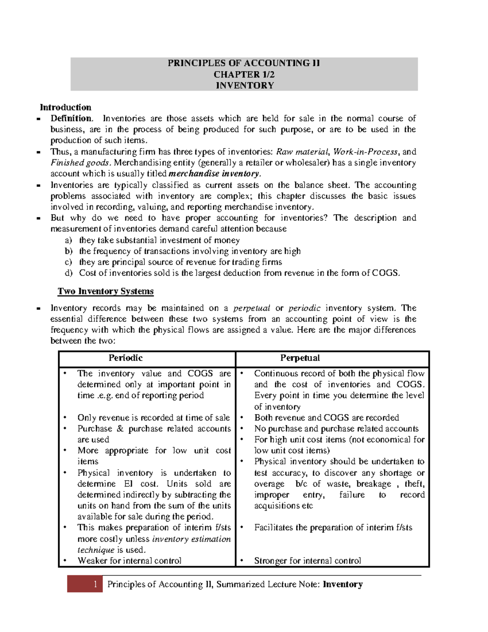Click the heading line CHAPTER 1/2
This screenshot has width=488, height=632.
pos(244,74)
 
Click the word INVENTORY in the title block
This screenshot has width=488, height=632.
pos(244,85)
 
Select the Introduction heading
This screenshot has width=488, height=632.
pos(65,107)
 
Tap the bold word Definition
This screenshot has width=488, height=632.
pos(71,118)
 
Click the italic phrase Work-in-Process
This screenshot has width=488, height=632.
pos(365,152)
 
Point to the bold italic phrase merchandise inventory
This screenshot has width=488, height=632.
pos(214,174)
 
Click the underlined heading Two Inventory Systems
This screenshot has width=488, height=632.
pos(105,291)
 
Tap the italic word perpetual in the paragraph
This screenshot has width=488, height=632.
pos(251,308)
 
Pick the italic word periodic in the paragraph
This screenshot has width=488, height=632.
pos(304,308)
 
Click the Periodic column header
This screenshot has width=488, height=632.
pos(125,358)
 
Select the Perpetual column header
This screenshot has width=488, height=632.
pos(300,358)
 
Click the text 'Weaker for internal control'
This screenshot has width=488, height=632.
pos(129,561)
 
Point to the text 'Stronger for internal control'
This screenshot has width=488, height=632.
pos(307,561)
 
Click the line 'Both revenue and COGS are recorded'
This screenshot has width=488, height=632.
pos(327,418)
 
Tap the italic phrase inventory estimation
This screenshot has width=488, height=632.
pos(191,539)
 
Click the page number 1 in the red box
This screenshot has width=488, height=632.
pos(95,584)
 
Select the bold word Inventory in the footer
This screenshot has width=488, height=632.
pos(342,584)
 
